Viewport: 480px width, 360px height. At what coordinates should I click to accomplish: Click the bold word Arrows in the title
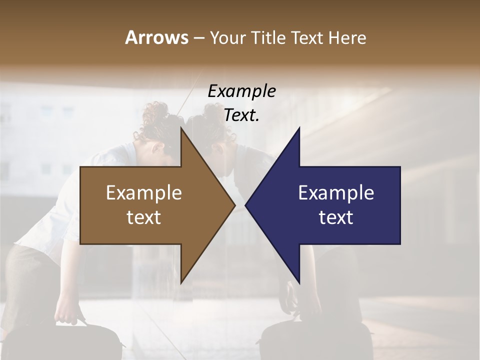(x=156, y=37)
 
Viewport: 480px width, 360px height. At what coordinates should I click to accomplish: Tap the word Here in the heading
(x=347, y=37)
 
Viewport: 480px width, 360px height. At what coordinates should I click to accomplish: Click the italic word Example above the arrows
(x=241, y=91)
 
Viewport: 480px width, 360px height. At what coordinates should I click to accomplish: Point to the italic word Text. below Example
(x=241, y=115)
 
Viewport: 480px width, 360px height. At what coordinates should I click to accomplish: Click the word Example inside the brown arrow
(x=143, y=192)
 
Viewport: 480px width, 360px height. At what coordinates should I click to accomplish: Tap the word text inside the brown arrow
(x=143, y=217)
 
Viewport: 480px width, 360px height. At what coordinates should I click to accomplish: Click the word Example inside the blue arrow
(x=336, y=192)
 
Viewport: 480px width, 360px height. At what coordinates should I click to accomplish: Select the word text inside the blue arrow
(x=336, y=217)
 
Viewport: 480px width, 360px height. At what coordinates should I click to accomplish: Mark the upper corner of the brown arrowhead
(x=181, y=128)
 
